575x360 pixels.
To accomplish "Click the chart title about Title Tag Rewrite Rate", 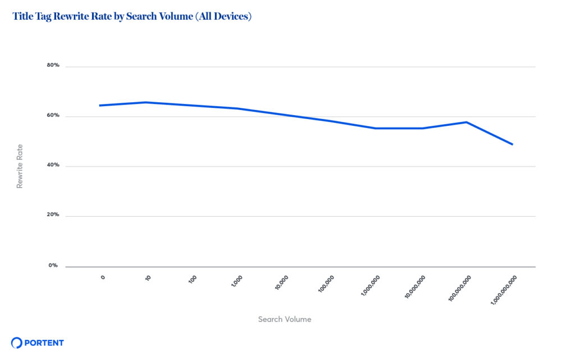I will click(132, 17).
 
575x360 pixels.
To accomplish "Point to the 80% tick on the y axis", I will click(53, 66).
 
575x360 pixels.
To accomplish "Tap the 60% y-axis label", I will click(53, 116).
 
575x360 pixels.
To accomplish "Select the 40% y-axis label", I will click(53, 166).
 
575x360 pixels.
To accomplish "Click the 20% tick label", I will click(53, 215).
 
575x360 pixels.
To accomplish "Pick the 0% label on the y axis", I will click(53, 265).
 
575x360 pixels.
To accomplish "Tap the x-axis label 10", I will click(148, 277).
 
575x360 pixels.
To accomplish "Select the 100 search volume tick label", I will click(193, 279).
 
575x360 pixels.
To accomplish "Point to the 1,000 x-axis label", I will click(236, 281).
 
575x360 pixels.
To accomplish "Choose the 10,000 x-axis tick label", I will click(281, 282).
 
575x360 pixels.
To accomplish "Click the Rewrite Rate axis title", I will click(20, 166).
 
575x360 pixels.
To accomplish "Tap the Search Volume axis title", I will click(285, 320).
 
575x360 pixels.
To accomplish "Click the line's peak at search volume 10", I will click(145, 102).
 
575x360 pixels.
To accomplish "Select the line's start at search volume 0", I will click(99, 105).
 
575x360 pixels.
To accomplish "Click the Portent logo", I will click(38, 343).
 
